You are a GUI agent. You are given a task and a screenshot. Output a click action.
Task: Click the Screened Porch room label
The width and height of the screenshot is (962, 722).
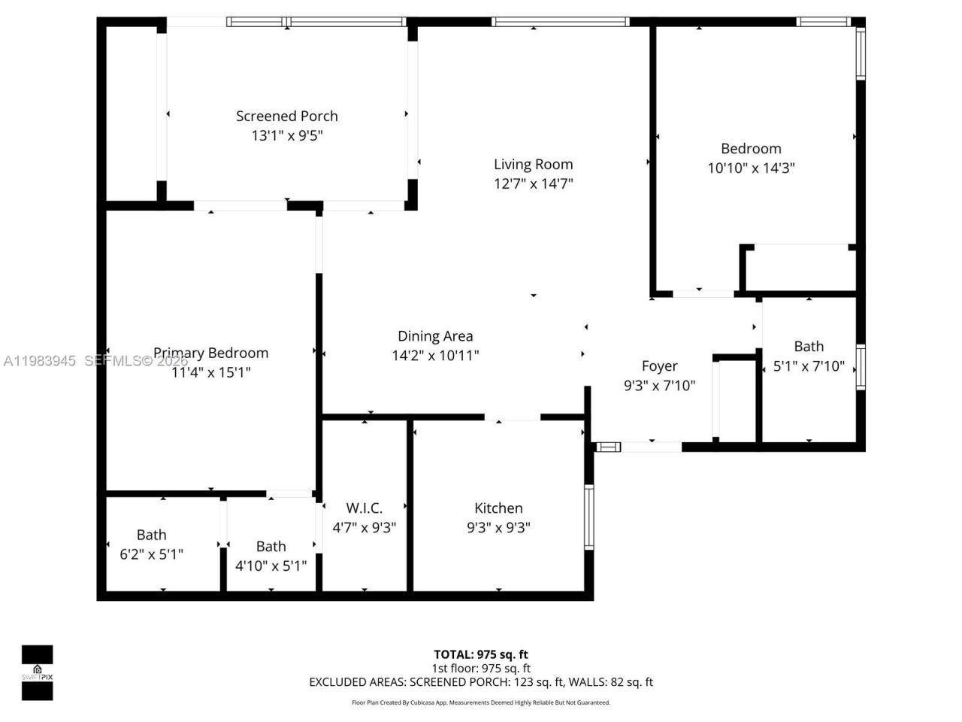tap(286, 116)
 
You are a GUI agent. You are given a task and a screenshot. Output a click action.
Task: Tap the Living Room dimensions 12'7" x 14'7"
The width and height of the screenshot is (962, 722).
tap(533, 184)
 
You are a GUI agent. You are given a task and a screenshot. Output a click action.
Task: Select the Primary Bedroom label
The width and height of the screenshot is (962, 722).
tap(210, 353)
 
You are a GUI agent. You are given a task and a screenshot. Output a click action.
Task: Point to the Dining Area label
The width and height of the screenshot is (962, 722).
tap(435, 336)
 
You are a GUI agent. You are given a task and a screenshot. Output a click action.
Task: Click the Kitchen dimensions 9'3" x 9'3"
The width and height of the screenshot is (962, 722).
tap(498, 528)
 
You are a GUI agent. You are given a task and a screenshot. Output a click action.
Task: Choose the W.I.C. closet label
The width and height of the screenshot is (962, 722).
tap(364, 508)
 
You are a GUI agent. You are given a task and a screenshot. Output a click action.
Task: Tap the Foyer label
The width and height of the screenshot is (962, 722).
tap(659, 366)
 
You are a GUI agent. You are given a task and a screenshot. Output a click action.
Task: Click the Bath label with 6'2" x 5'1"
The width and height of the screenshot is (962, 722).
tap(151, 535)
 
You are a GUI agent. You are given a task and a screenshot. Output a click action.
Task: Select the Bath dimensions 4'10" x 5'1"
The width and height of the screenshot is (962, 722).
tap(271, 566)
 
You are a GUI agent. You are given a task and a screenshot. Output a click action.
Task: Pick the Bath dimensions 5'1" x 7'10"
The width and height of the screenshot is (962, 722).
tap(809, 366)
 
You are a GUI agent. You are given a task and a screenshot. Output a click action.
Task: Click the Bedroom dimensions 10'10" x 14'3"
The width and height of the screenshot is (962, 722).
tap(751, 168)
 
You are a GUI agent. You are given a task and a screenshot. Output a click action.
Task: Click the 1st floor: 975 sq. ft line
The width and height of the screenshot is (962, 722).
tap(480, 668)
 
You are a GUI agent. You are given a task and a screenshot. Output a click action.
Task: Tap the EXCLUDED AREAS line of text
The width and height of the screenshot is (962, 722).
tap(480, 682)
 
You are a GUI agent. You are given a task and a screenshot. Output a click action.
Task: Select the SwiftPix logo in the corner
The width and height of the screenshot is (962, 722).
tap(37, 672)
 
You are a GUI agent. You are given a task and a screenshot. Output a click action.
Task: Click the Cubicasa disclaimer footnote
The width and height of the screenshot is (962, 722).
tap(480, 702)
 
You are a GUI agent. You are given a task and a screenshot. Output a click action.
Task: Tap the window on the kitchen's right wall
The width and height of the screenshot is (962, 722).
tap(588, 517)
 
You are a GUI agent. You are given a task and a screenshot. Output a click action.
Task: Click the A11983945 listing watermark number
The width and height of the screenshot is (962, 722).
tap(39, 361)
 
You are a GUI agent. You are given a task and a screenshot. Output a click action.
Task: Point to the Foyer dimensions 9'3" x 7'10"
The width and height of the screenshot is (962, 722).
tap(659, 386)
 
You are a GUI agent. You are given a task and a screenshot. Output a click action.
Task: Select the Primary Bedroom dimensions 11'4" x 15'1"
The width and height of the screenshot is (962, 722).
tap(210, 372)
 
